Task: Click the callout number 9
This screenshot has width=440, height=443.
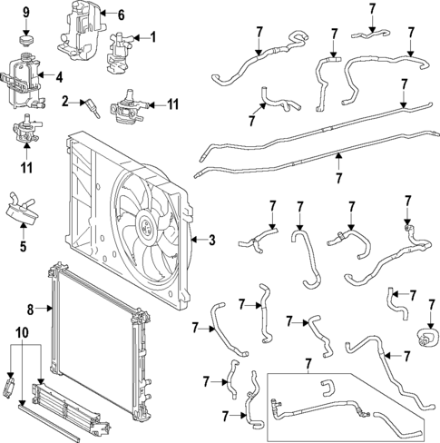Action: pos(25,11)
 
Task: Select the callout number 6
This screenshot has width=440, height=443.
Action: pos(122,14)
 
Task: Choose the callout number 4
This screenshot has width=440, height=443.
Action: pos(58,77)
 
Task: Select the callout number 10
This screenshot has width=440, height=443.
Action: pos(22,332)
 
